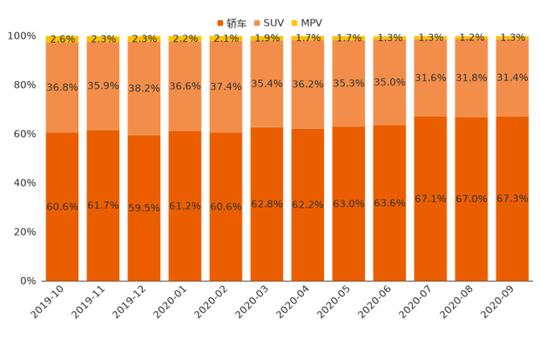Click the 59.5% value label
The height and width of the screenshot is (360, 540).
click(x=144, y=207)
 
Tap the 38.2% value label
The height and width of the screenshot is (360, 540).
click(x=144, y=88)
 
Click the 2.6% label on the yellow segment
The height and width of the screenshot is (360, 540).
click(x=62, y=39)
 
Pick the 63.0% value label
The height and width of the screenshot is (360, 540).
click(x=348, y=204)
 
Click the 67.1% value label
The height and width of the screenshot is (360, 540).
click(x=430, y=199)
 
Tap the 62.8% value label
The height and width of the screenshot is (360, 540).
click(x=267, y=204)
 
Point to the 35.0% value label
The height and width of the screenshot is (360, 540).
click(x=389, y=82)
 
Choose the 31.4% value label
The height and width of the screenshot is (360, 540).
click(x=512, y=78)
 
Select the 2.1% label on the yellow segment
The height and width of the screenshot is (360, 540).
click(x=226, y=39)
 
